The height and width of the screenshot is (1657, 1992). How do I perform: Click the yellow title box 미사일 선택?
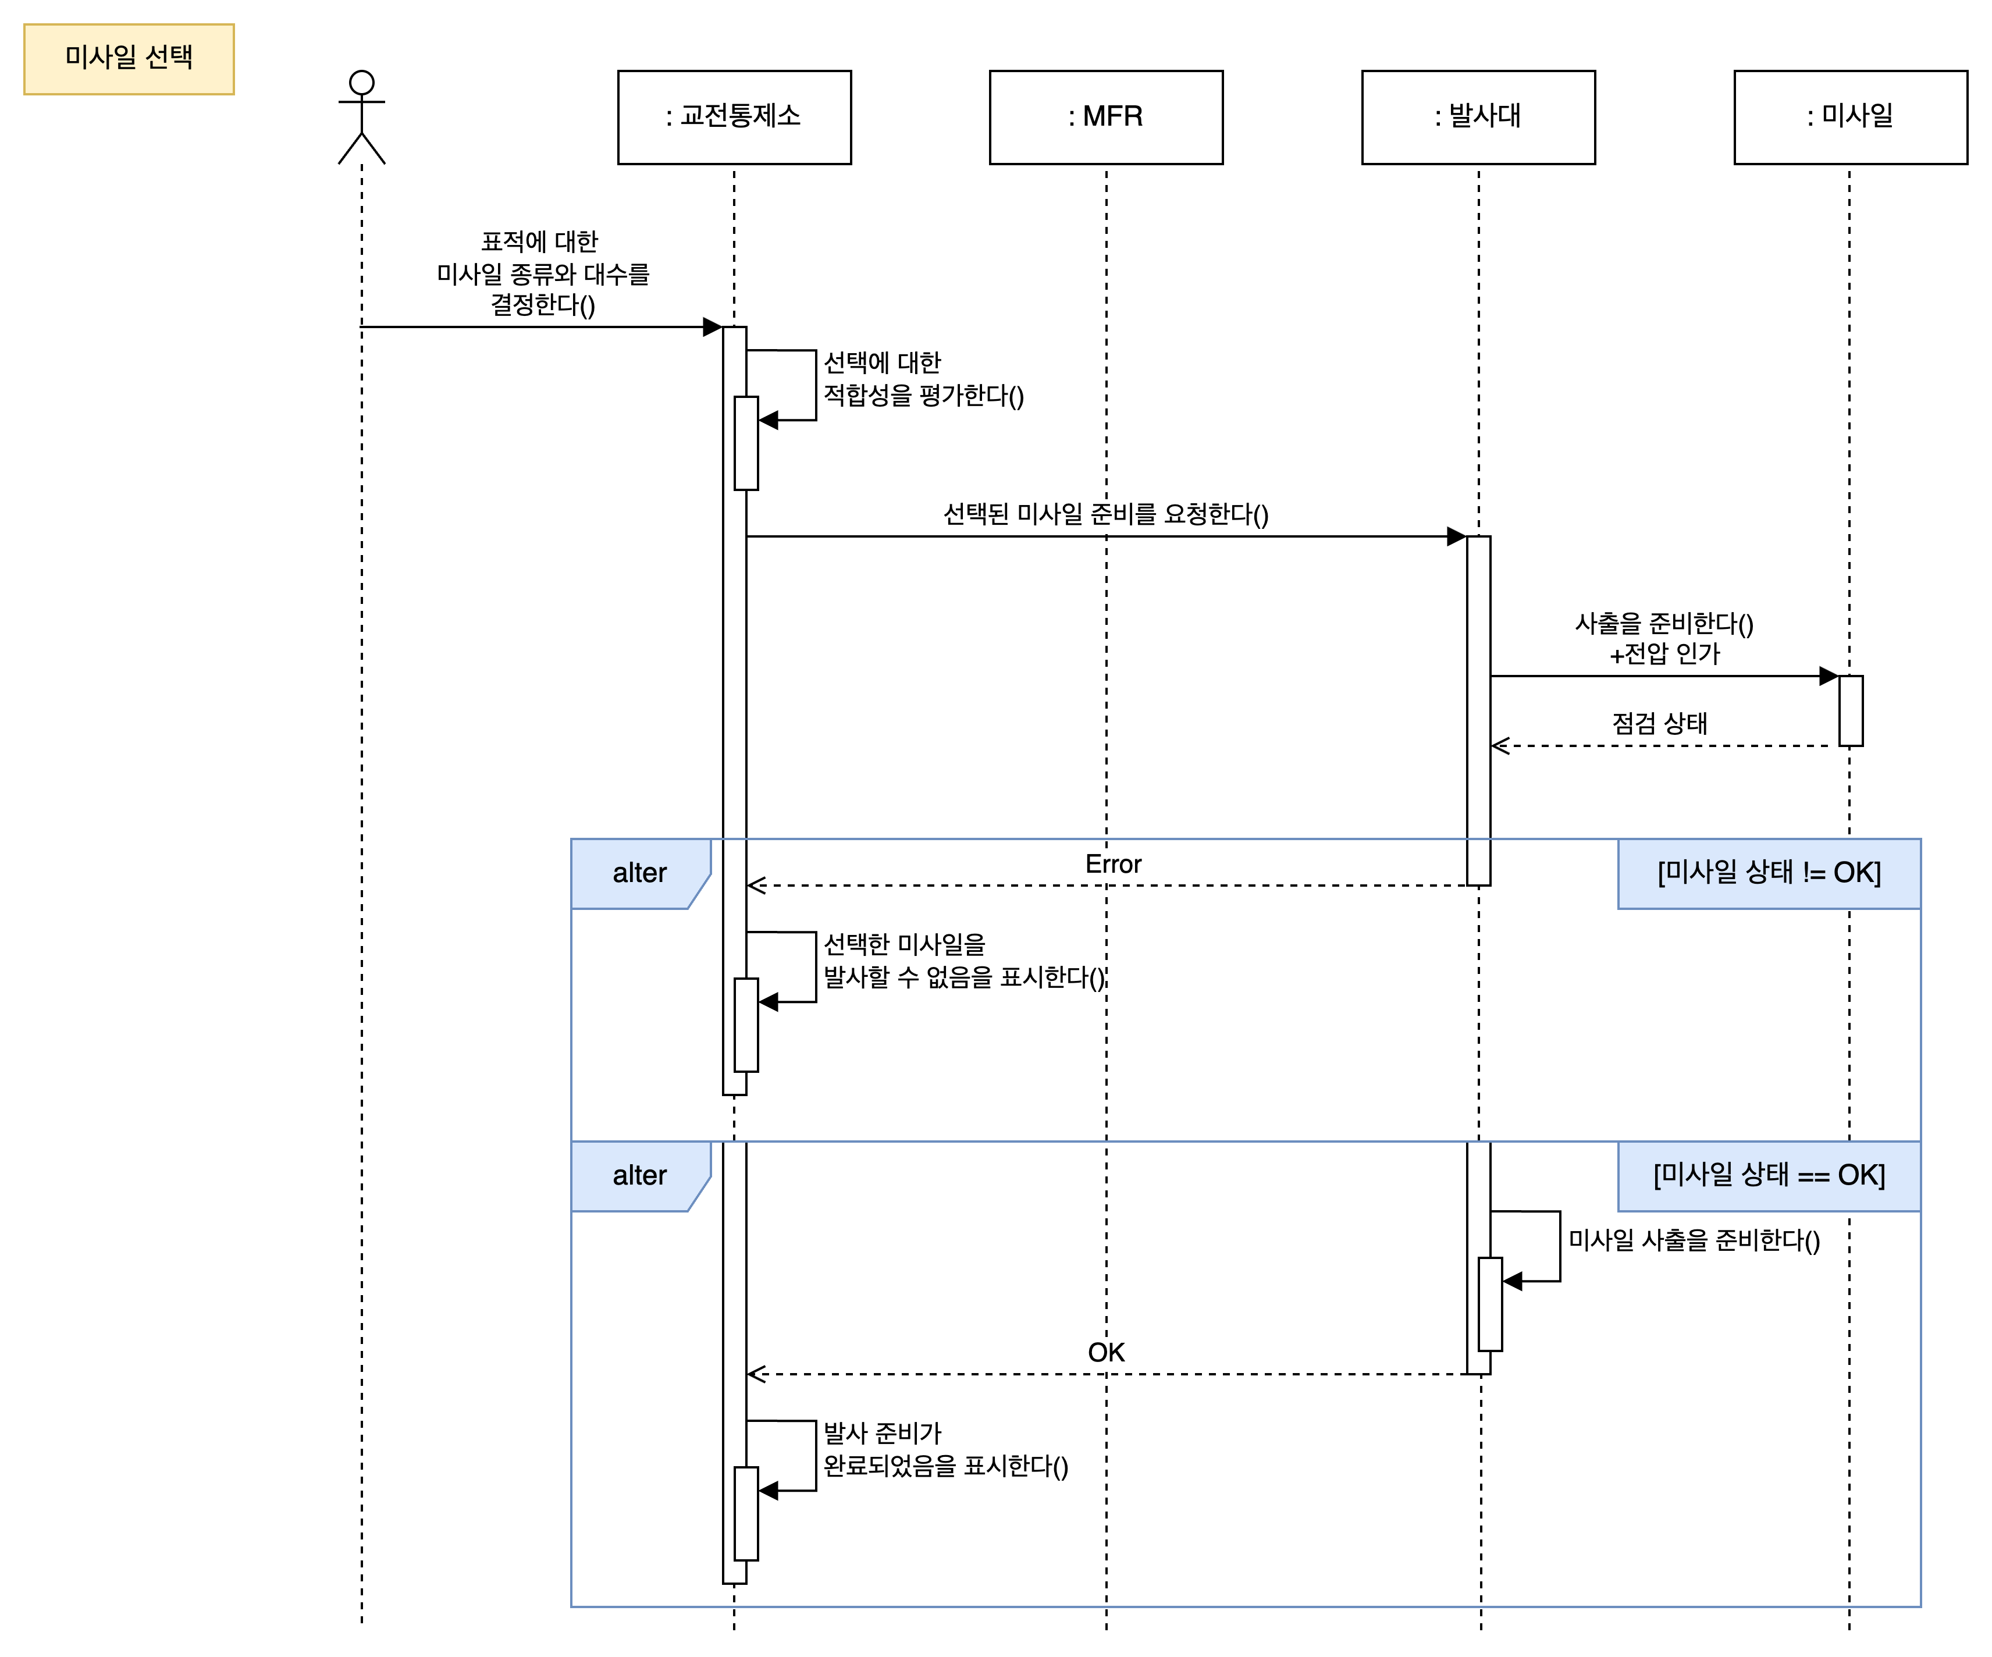[129, 59]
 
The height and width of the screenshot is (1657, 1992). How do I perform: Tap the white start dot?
[361, 83]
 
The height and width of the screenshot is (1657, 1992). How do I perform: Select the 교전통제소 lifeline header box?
[734, 117]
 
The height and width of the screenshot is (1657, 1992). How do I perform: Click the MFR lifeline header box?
[1106, 117]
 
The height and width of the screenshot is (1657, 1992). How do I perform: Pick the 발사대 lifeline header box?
[1478, 117]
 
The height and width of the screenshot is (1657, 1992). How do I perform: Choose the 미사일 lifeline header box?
[1849, 117]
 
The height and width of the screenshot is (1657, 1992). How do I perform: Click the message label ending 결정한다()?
[543, 274]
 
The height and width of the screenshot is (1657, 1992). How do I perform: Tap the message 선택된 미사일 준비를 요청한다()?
[1105, 515]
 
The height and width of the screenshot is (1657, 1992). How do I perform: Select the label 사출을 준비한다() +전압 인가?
[1664, 639]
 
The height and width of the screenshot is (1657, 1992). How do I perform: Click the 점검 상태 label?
[1659, 724]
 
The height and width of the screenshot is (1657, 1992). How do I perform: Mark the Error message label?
[1113, 864]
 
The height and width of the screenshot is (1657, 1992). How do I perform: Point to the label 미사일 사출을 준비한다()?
[1694, 1240]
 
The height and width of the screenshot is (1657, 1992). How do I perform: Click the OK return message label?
[1106, 1353]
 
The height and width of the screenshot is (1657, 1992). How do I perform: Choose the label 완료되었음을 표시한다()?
[946, 1450]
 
